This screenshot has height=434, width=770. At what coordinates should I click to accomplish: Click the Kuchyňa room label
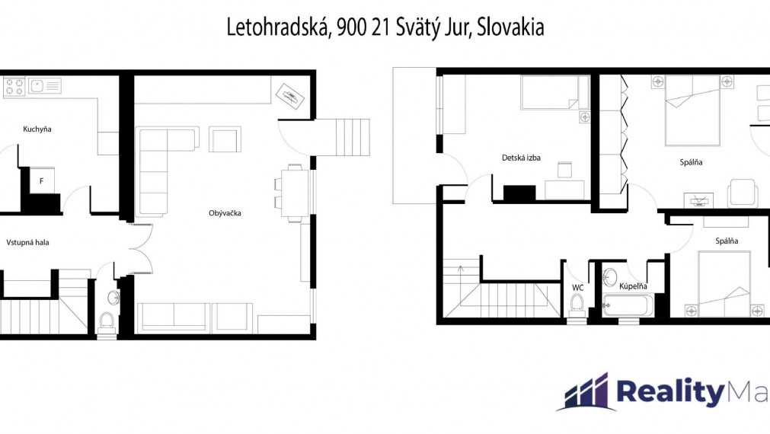pyautogui.click(x=37, y=129)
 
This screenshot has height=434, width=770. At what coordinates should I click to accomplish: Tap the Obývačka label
pyautogui.click(x=225, y=213)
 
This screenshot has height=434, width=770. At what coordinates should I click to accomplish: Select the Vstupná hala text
pyautogui.click(x=27, y=242)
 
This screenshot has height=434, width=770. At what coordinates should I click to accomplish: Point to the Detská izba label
pyautogui.click(x=521, y=158)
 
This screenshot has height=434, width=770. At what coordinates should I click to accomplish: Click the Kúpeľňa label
pyautogui.click(x=633, y=286)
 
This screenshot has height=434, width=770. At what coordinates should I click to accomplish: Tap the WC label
pyautogui.click(x=577, y=287)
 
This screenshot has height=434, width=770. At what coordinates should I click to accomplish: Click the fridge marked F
pyautogui.click(x=42, y=180)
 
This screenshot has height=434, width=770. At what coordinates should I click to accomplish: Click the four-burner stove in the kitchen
pyautogui.click(x=14, y=87)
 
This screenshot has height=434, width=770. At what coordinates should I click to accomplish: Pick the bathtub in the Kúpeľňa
pyautogui.click(x=628, y=305)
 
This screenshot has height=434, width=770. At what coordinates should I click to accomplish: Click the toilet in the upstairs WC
pyautogui.click(x=577, y=304)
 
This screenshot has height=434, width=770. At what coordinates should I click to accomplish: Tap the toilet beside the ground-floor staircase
pyautogui.click(x=107, y=323)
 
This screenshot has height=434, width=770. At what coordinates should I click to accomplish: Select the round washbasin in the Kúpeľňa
pyautogui.click(x=610, y=277)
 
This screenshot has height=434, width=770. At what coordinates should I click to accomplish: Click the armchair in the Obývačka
pyautogui.click(x=225, y=139)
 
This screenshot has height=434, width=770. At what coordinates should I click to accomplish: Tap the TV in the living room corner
pyautogui.click(x=289, y=96)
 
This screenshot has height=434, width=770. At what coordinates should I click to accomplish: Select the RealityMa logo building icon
pyautogui.click(x=586, y=392)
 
